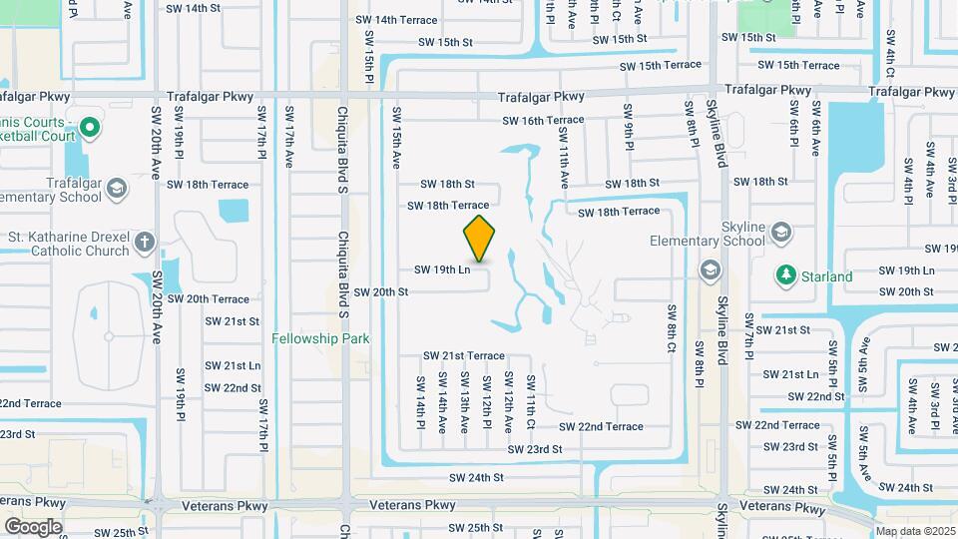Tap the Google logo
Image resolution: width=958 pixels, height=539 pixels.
pos(33,526)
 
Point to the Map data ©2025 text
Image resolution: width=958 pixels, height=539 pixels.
pos(914,531)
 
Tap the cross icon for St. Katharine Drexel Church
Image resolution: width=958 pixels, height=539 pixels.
pos(145,242)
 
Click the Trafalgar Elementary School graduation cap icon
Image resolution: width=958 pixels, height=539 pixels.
pos(117,189)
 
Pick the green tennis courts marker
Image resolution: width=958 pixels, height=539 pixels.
pos(89,127)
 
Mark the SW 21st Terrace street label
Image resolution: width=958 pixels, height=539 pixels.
pos(463,355)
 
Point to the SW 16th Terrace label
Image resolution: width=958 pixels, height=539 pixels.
pos(543,120)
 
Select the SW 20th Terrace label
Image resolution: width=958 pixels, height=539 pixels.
pos(208,298)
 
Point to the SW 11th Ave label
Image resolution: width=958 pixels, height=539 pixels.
pos(564,165)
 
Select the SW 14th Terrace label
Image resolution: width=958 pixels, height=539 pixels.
pos(396,20)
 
